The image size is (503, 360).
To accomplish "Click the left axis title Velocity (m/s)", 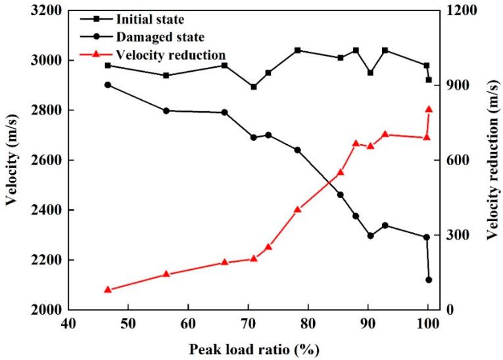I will click(x=12, y=160).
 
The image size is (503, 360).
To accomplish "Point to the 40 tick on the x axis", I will click(x=68, y=323).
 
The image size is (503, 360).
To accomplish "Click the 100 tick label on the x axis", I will click(x=427, y=323).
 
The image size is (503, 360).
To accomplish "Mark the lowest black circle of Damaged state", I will click(x=429, y=280).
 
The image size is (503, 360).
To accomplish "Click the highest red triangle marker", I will click(x=429, y=109).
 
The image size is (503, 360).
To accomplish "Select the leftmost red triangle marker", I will click(x=108, y=290).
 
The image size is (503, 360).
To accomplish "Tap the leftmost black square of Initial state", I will click(x=108, y=65).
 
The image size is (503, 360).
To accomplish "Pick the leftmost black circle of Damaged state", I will click(x=108, y=85).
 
